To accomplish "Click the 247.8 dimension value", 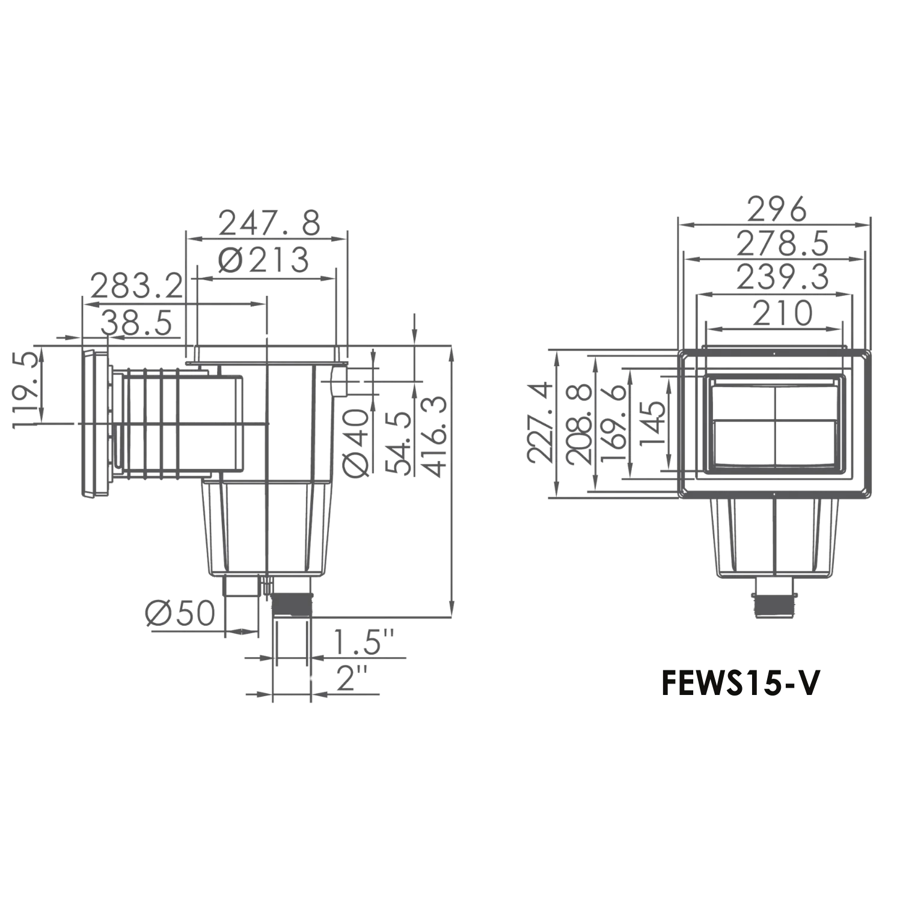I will coord(269,223).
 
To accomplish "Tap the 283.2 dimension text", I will coord(136,286).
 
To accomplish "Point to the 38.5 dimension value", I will coord(137,324).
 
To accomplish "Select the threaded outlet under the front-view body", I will coord(776,602).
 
